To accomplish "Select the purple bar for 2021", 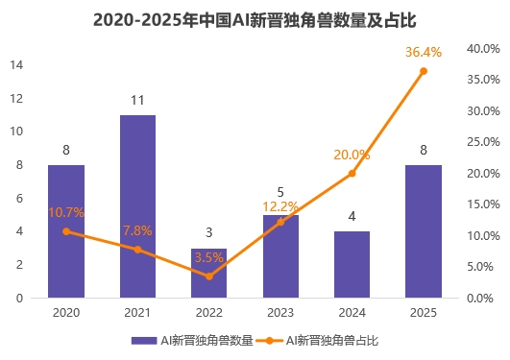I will pyautogui.click(x=137, y=206).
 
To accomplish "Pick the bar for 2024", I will pyautogui.click(x=352, y=264).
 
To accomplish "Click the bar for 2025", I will pyautogui.click(x=423, y=231).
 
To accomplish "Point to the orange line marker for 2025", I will pyautogui.click(x=424, y=71).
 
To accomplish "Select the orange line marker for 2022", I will pyautogui.click(x=208, y=276).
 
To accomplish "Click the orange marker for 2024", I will pyautogui.click(x=352, y=173).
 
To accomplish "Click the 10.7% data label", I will pyautogui.click(x=66, y=212).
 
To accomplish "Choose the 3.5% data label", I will pyautogui.click(x=208, y=257).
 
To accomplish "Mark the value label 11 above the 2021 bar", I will pyautogui.click(x=137, y=99).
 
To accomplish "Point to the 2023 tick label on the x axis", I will pyautogui.click(x=280, y=313).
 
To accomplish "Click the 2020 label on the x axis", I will pyautogui.click(x=66, y=313).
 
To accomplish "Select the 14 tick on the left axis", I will pyautogui.click(x=17, y=64).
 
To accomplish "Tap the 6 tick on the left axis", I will pyautogui.click(x=20, y=198).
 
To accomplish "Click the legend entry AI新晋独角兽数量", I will pyautogui.click(x=193, y=340).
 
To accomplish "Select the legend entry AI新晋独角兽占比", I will pyautogui.click(x=318, y=340).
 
